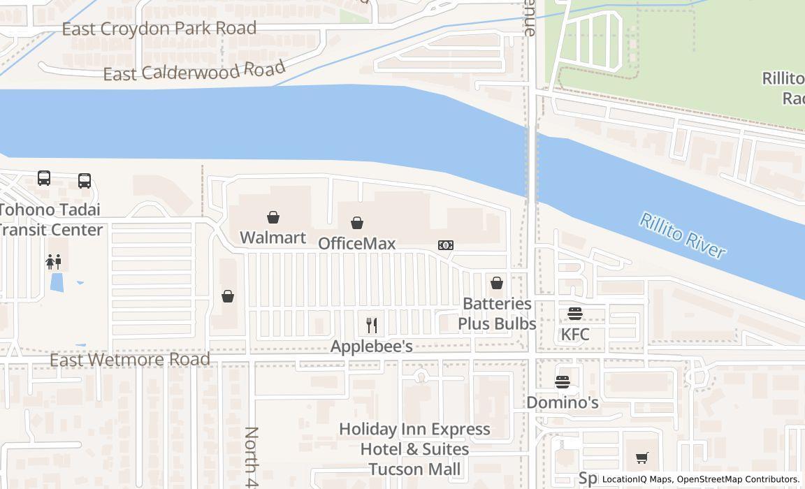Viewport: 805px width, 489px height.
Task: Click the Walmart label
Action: [273, 238]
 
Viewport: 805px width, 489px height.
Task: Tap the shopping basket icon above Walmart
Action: [273, 218]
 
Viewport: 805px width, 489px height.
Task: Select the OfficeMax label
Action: [356, 243]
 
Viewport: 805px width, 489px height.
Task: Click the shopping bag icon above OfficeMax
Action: [357, 223]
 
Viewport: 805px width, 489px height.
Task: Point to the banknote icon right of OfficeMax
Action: [446, 245]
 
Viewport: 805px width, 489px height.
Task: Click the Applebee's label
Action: [371, 346]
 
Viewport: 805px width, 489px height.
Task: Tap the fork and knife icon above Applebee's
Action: [372, 326]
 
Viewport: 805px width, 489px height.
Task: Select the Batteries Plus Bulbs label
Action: [497, 314]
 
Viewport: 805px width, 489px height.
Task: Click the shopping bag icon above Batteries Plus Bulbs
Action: [497, 283]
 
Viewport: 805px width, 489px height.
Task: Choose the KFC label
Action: [575, 335]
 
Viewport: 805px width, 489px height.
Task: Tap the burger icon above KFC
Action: [575, 314]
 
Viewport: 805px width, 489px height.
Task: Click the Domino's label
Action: [563, 402]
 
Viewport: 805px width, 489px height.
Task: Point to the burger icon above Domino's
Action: [563, 382]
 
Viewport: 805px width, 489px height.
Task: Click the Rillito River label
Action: [683, 237]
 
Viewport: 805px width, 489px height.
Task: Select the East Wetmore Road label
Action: [130, 359]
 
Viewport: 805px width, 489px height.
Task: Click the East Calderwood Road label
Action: [194, 71]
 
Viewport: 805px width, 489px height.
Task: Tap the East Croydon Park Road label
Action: [159, 29]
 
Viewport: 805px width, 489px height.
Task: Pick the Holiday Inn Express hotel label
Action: [414, 448]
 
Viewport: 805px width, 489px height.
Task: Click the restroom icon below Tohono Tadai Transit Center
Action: [54, 262]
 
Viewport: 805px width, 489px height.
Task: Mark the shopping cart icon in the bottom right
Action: [642, 458]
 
